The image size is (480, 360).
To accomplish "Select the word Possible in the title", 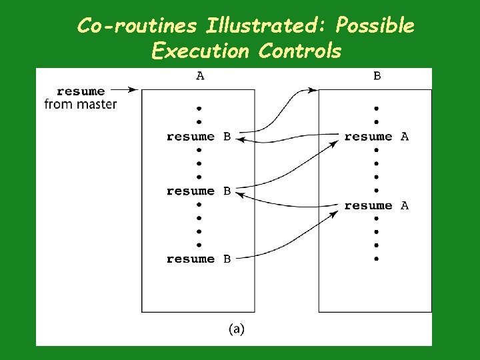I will point(375,26).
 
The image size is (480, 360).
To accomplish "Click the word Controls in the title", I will point(300,51).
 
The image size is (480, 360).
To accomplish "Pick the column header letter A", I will point(200,76).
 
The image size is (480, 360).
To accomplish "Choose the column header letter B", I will point(377,76).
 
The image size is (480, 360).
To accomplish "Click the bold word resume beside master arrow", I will point(81,91).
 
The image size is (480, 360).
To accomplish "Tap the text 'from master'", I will point(81,104).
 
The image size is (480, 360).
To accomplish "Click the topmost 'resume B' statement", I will point(199,137).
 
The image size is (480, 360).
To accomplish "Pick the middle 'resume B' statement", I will point(199,191).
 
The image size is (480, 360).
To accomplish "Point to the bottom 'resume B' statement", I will point(199,259).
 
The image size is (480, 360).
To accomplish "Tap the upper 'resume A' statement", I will point(376,137).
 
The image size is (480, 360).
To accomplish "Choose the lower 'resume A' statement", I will point(376,206).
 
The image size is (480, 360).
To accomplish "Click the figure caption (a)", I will point(237,329).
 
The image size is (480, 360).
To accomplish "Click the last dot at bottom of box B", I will point(377,259).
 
